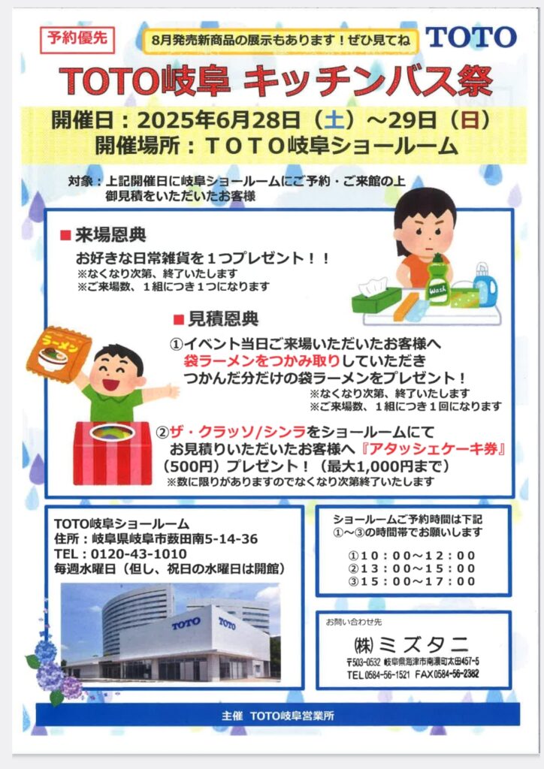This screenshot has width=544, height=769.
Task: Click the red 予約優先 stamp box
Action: click(77, 39)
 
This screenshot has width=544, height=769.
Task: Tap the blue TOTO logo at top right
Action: click(471, 38)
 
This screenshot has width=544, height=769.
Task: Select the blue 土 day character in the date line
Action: click(334, 120)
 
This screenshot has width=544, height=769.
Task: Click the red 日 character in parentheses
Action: click(470, 120)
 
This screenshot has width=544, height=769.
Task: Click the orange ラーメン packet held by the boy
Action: click(59, 354)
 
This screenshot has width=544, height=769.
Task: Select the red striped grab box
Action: click(113, 453)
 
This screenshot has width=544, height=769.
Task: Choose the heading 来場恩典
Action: click(110, 235)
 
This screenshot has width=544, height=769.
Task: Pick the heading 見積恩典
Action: click(223, 319)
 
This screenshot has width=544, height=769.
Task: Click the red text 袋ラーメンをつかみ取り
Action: click(262, 361)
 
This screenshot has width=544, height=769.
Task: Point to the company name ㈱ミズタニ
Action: click(411, 644)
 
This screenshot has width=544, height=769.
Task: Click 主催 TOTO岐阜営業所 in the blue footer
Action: click(278, 716)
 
